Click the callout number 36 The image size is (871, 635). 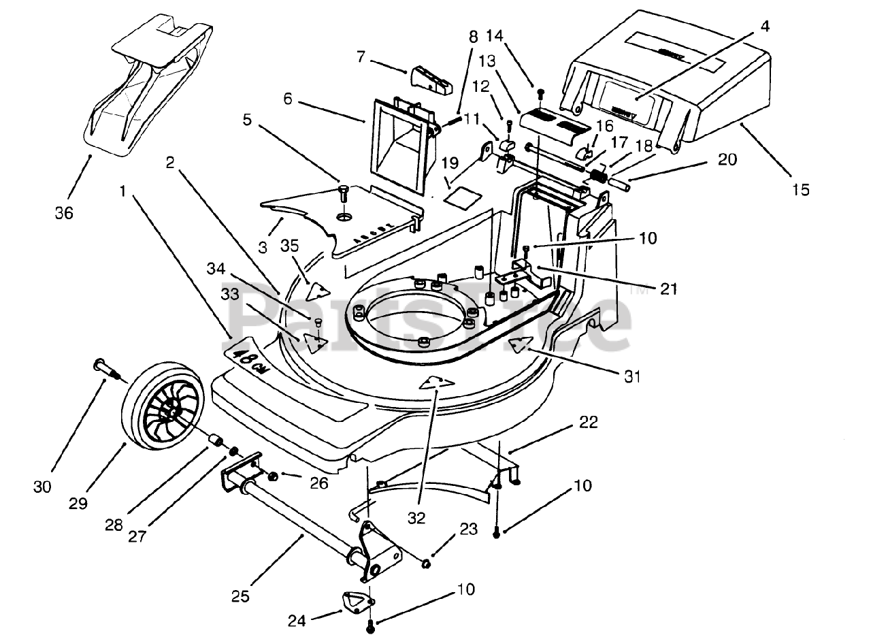click(x=63, y=213)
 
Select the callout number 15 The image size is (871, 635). click(x=801, y=190)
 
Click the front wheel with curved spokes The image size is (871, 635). click(x=163, y=410)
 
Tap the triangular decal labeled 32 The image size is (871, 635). click(x=436, y=382)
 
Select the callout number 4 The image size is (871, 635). click(x=765, y=28)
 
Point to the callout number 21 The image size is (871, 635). click(x=668, y=289)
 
